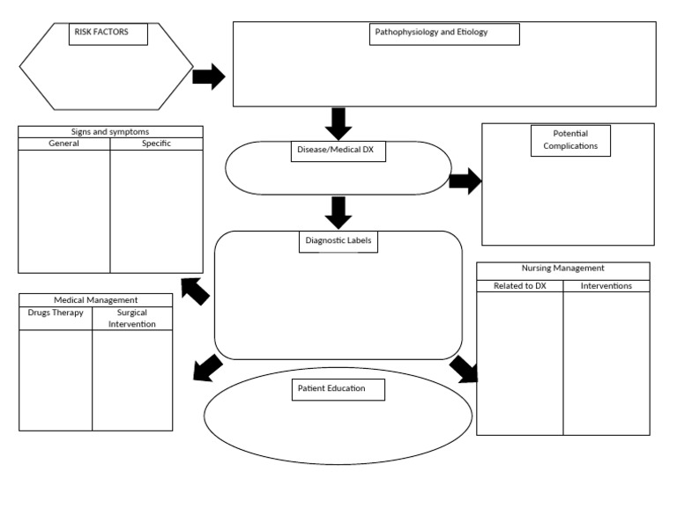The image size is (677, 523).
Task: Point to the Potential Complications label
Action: coord(570,140)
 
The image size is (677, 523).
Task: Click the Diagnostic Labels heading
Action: coord(338,241)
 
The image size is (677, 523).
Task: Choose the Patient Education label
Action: coord(338,388)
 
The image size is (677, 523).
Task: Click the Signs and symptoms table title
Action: coord(110,132)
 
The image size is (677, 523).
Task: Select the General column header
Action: coord(64,144)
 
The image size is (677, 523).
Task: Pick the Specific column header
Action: coord(156,144)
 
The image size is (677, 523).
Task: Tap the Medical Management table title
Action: coord(95,300)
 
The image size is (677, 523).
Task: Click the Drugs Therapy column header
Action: coord(56,313)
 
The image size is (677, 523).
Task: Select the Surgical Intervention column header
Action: coord(132,318)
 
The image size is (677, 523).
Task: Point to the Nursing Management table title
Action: coord(563,269)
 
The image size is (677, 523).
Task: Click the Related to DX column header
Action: coord(520,285)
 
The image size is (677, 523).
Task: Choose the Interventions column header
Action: coord(606,285)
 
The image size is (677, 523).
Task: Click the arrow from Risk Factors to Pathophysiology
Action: coord(209,77)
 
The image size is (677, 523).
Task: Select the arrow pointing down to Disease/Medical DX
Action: coord(338,122)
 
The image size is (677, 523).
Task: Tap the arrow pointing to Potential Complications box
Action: coord(465,182)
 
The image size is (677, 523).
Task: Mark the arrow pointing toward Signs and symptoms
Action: coord(195,291)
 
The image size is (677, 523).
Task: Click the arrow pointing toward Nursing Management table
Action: coord(465,369)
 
